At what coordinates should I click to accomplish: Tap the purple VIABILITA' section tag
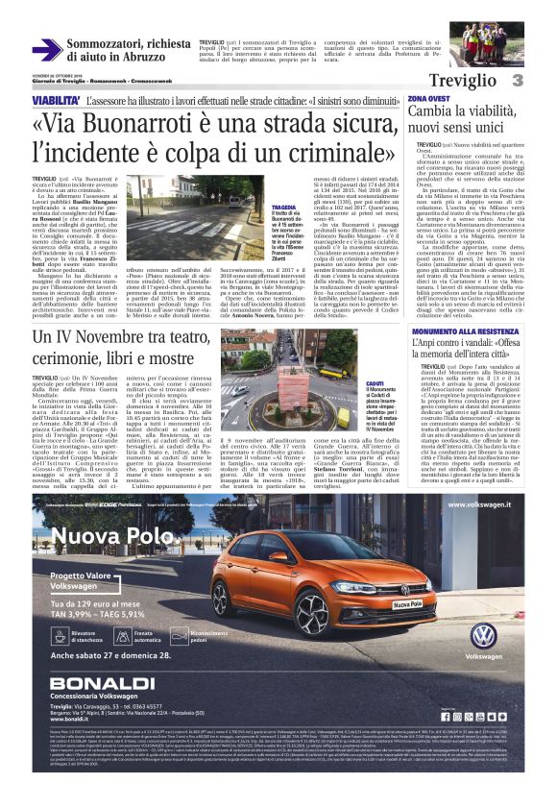[x=56, y=100]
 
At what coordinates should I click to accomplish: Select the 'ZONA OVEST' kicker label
[x=427, y=99]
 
